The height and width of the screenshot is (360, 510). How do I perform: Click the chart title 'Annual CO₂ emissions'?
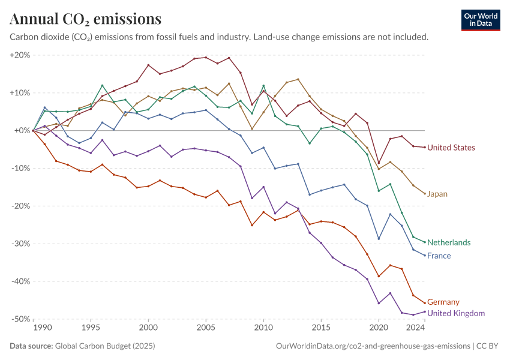pos(86,19)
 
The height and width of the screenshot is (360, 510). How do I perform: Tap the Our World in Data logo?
pos(481,20)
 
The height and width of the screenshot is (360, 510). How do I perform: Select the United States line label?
pos(451,148)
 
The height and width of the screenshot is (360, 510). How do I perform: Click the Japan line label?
pos(437,194)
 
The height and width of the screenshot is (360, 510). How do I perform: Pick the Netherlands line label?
pos(449,242)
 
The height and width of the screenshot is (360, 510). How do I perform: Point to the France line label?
pos(439,256)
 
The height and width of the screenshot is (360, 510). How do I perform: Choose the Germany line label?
pos(443,302)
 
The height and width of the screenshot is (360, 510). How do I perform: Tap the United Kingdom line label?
pos(455,313)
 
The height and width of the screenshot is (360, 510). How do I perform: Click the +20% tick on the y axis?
pos(20,55)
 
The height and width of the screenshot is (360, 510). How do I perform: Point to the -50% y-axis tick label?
pos(20,319)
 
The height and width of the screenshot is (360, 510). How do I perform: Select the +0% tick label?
pos(22,130)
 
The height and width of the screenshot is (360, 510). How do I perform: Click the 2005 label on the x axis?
pos(206,328)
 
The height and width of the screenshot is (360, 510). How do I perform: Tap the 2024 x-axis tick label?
pos(415,328)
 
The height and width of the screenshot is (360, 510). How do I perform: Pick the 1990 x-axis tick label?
pos(43,328)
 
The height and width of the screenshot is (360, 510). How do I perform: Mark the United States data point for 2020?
pos(379,163)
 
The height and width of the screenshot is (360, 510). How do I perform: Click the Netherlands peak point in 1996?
pos(102,86)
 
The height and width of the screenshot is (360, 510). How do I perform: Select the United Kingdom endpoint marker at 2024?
pos(425,311)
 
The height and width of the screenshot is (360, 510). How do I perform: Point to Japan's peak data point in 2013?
pos(298,79)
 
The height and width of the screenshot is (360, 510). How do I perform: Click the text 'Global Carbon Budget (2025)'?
pos(105,346)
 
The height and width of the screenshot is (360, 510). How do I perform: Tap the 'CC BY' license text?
pos(487,346)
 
